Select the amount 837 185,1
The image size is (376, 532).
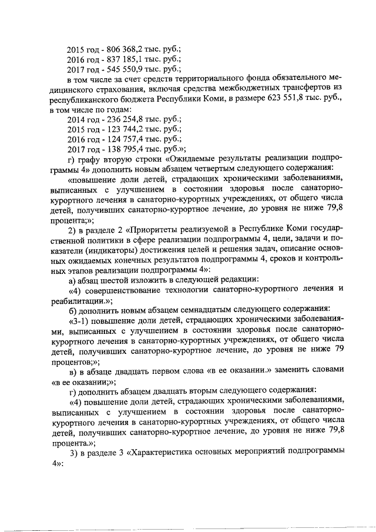pos(118,60)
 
